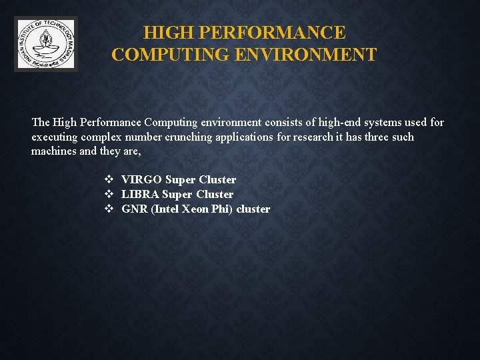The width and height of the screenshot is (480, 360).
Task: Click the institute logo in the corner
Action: tap(46, 44)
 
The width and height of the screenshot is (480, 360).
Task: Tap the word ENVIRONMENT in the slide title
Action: tap(305, 55)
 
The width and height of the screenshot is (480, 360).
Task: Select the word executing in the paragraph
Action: tap(54, 137)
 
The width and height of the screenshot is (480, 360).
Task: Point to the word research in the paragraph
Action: tap(314, 137)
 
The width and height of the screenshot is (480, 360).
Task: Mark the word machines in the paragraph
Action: tap(54, 152)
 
